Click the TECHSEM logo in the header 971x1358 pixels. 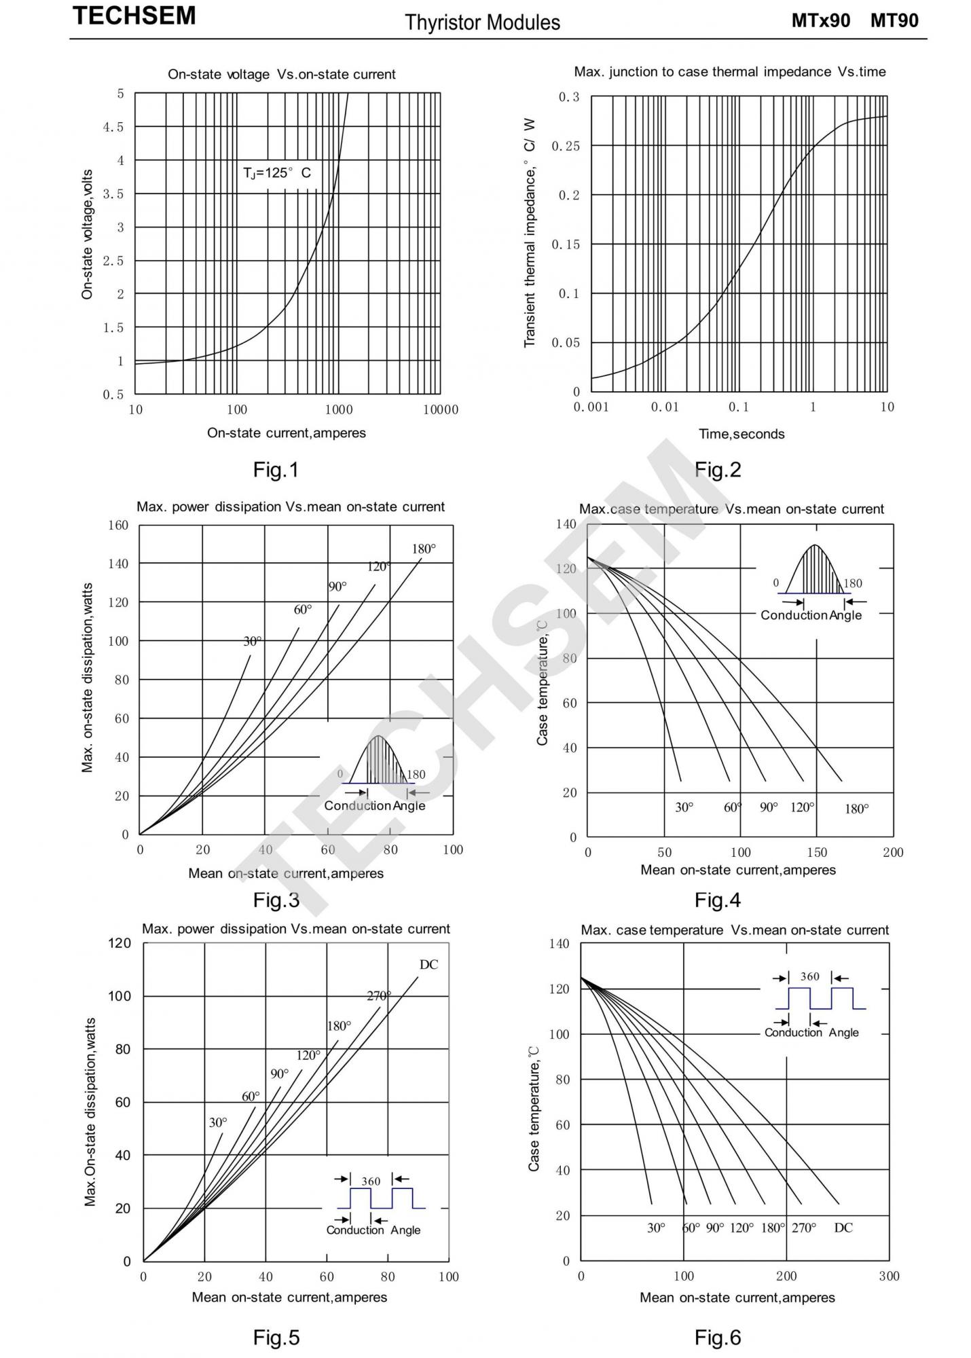point(134,16)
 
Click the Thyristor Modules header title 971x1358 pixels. point(482,22)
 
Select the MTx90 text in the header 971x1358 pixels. point(820,20)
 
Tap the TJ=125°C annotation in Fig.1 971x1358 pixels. point(277,173)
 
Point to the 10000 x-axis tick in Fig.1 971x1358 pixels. point(441,409)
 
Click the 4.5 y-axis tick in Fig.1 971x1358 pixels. point(113,127)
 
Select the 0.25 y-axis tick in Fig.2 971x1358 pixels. point(566,146)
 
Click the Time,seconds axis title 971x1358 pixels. point(741,434)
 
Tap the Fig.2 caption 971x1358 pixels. point(718,469)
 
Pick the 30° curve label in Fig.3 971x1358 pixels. point(253,641)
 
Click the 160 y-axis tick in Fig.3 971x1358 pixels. point(118,525)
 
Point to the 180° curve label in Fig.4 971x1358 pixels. point(857,809)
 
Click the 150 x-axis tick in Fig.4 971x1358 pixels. point(817,853)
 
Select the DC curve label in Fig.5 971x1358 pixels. point(428,965)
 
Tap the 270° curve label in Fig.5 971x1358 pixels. point(379,996)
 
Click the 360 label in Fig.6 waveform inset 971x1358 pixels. point(809,976)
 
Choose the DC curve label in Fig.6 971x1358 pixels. point(843,1228)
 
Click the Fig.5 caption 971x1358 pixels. point(276,1337)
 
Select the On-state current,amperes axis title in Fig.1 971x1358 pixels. point(287,433)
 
